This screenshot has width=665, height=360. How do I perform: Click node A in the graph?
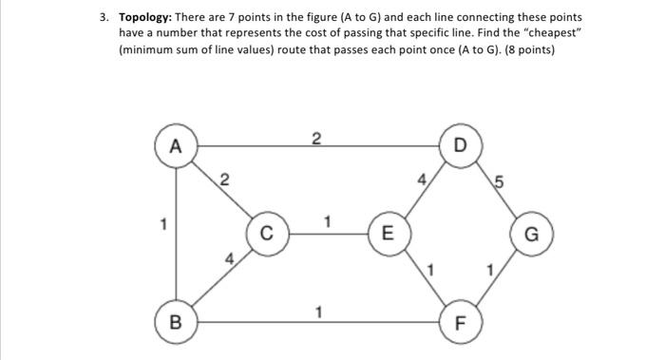click(174, 147)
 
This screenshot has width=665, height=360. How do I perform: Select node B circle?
click(174, 321)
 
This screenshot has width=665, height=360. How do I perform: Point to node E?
click(385, 233)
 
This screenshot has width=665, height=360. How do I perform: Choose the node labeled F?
click(461, 322)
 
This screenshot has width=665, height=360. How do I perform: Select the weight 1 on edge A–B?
click(163, 226)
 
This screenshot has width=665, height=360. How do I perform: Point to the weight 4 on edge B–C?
click(228, 257)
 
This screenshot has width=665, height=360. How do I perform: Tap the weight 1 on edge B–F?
click(319, 311)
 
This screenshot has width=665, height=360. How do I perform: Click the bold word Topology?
click(150, 17)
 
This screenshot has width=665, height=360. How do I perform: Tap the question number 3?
click(104, 17)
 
